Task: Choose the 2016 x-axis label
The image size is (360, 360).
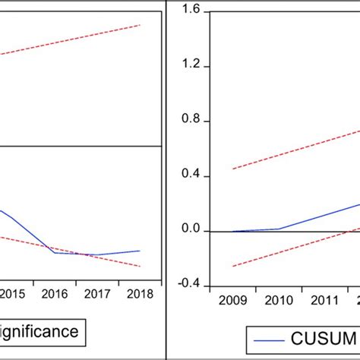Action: point(55,294)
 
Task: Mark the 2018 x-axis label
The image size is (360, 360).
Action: point(138,294)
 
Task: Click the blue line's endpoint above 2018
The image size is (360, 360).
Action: point(140,250)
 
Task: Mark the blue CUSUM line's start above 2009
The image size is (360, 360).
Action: point(232,231)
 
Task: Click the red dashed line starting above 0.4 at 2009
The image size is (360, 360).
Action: point(234,168)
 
